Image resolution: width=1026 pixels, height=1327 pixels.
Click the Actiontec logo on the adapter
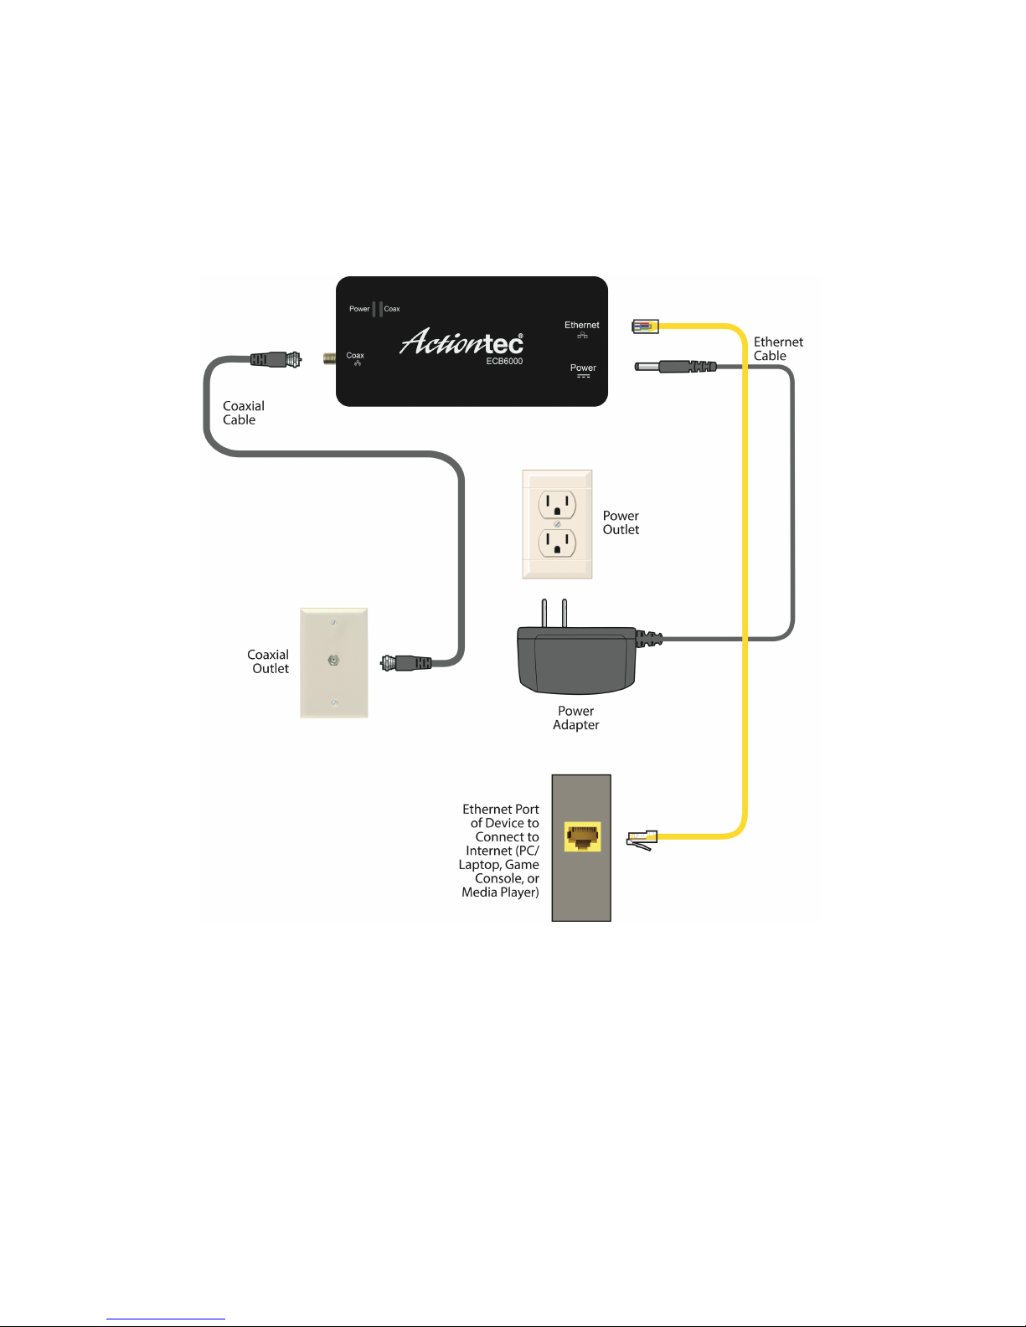(x=461, y=341)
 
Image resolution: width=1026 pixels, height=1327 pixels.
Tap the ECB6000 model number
(x=504, y=361)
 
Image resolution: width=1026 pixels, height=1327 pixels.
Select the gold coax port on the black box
(x=330, y=358)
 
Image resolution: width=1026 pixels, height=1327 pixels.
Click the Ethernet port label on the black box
(x=581, y=325)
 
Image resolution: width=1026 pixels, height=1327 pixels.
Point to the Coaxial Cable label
(x=243, y=413)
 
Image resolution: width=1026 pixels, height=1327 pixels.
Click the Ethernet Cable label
(x=778, y=348)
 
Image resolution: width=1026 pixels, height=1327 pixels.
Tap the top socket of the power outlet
(x=557, y=504)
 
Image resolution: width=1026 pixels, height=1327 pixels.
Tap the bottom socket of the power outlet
(x=557, y=543)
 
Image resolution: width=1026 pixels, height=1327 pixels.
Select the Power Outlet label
(x=621, y=522)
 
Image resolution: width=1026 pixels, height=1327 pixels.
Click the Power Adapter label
(x=576, y=718)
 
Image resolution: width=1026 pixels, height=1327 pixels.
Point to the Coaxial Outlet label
(x=267, y=661)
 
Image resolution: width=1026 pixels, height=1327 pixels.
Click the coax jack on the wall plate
(x=333, y=660)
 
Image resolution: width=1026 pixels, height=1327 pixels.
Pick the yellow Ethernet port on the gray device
(x=582, y=836)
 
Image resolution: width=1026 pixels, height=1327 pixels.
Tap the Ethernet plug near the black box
(x=646, y=327)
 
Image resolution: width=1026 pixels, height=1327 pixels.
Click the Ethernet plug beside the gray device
(x=642, y=840)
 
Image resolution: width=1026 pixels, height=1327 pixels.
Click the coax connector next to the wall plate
(x=406, y=662)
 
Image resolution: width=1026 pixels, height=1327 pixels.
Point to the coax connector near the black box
(x=276, y=359)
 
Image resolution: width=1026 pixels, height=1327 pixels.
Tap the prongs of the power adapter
(x=554, y=613)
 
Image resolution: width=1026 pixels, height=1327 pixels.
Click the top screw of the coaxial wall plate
(x=333, y=623)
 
